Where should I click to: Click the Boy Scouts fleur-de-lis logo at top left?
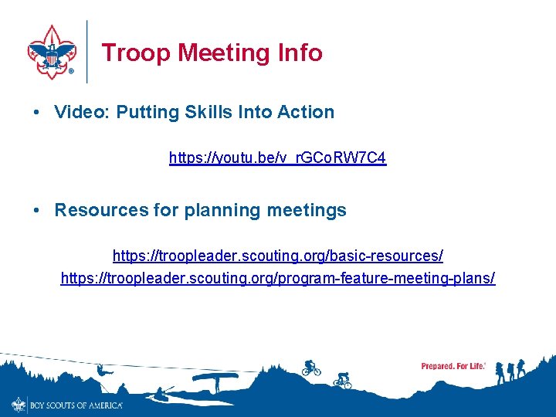tap(51, 52)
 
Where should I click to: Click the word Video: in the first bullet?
tap(83, 112)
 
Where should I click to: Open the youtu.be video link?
tap(277, 158)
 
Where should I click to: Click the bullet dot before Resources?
tap(38, 210)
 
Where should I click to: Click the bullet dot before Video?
tap(38, 112)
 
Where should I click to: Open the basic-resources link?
tap(277, 255)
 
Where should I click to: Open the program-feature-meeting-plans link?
tap(277, 277)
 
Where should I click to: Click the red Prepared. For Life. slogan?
tap(453, 366)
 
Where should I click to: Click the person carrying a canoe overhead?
tap(214, 380)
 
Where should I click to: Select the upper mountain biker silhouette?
tap(311, 368)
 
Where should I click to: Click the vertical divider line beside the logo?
tap(87, 52)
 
